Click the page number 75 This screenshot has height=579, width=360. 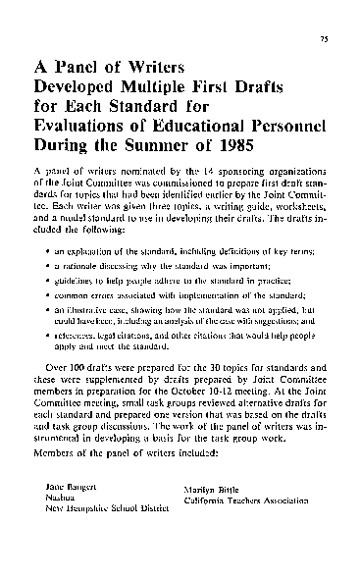(x=322, y=41)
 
